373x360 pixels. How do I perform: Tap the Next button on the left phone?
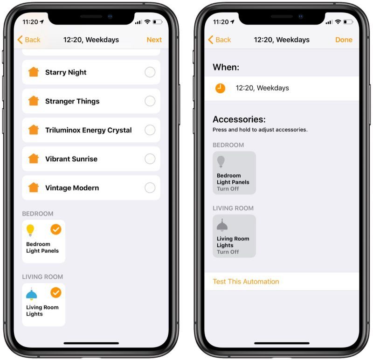154,40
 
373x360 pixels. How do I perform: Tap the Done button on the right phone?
344,40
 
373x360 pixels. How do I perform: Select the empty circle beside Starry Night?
150,72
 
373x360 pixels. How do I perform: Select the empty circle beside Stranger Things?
150,101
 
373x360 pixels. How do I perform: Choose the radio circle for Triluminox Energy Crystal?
150,130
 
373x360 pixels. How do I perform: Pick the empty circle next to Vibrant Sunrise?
150,159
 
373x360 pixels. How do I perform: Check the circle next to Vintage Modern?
150,188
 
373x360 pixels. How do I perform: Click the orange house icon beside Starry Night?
34,72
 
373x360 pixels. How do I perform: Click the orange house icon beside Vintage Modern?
34,187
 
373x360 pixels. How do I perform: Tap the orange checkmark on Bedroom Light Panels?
56,229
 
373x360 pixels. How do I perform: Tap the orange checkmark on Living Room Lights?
56,293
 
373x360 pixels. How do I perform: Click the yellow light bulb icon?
30,230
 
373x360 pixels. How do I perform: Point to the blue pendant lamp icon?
31,294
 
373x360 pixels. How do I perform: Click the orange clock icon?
220,88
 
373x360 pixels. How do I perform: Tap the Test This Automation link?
246,282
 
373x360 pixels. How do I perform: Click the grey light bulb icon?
221,161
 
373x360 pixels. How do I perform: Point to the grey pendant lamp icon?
222,225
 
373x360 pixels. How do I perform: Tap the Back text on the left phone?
33,40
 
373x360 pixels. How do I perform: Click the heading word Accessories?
239,119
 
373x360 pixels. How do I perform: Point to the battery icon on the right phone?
348,22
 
